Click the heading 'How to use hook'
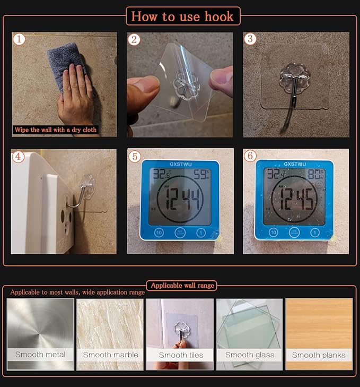point(182,16)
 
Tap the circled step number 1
point(19,39)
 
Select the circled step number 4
point(19,156)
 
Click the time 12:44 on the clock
point(181,199)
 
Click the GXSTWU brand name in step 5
point(181,164)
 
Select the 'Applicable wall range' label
point(182,286)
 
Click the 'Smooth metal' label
point(40,355)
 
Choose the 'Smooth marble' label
point(110,355)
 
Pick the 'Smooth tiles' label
point(180,355)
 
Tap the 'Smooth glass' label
point(250,355)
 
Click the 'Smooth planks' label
point(319,355)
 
